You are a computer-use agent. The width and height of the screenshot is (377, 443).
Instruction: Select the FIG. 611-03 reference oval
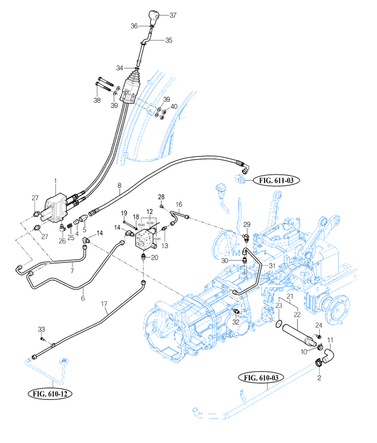click(276, 181)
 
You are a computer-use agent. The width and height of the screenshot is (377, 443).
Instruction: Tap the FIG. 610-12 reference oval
click(50, 394)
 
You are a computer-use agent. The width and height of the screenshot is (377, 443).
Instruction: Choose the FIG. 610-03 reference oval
click(261, 377)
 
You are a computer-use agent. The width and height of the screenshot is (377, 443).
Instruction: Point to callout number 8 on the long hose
click(119, 185)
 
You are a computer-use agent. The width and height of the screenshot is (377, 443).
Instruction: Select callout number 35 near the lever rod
click(168, 40)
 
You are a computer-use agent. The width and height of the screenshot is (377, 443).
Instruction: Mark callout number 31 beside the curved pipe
click(272, 266)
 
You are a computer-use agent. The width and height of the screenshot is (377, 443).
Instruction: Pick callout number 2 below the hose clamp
click(319, 377)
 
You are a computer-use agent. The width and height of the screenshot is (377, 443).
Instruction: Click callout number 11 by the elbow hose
click(330, 341)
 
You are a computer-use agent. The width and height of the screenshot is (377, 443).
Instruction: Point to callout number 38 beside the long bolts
click(97, 100)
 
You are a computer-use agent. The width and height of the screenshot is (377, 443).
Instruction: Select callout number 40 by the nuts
click(174, 107)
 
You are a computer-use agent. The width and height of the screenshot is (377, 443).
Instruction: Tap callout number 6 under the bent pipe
click(83, 298)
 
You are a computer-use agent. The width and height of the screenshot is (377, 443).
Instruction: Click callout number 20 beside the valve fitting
click(154, 257)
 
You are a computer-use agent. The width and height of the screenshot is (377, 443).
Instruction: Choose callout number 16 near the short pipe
click(179, 204)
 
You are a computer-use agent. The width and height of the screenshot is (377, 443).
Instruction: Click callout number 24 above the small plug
click(319, 324)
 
